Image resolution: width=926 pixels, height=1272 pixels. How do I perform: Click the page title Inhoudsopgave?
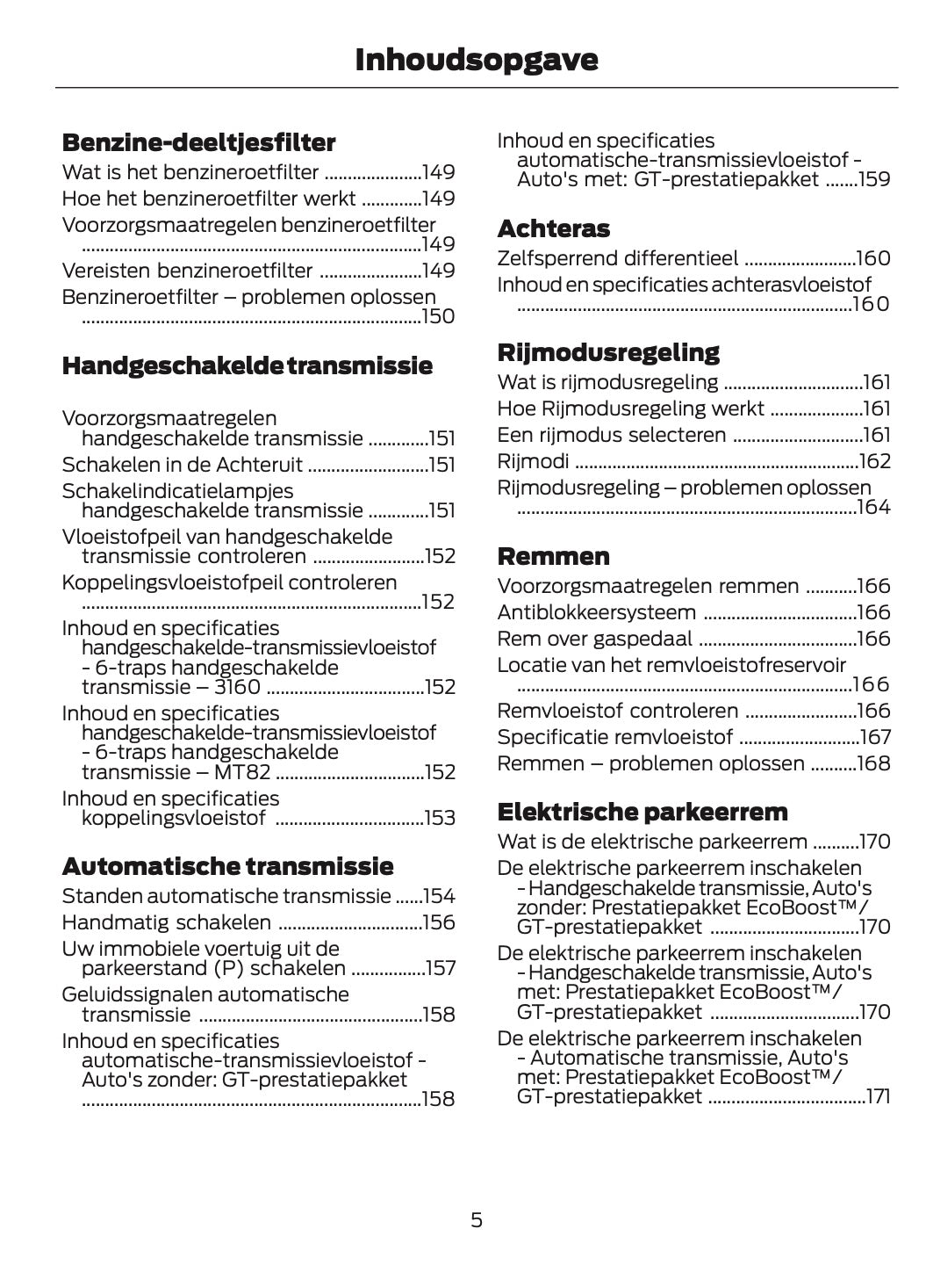coord(476,60)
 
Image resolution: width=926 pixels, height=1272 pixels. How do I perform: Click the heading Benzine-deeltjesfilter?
coord(198,142)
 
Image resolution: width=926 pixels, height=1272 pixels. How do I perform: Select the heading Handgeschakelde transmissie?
coord(247,365)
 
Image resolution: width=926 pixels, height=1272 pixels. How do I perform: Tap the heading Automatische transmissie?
coord(227,866)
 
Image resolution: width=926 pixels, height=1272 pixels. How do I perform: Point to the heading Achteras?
coord(553,228)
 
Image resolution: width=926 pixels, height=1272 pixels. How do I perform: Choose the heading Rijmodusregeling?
coord(607,352)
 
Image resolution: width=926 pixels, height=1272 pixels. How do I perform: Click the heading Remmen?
coord(553,556)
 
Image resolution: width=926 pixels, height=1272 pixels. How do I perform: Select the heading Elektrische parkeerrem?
coord(642,811)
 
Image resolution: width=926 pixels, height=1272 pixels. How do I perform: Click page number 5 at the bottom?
coord(476,1219)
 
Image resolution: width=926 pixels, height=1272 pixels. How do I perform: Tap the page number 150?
coord(438,316)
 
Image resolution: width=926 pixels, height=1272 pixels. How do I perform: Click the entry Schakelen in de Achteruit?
coord(182,465)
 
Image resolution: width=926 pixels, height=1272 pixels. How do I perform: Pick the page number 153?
coord(439,818)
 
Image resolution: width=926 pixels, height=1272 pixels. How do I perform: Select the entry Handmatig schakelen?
coord(166,922)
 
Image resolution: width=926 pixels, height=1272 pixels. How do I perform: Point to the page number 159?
coord(873,180)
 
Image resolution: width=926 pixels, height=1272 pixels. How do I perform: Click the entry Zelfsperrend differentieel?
coord(617,258)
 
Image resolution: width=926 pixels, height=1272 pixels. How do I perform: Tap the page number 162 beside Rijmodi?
coord(873,461)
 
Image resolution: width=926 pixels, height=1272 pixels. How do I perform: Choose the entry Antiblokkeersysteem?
coord(596,612)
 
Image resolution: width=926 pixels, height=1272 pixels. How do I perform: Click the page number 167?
coord(873,737)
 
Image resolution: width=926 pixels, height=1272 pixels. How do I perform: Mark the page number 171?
coord(877,1096)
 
